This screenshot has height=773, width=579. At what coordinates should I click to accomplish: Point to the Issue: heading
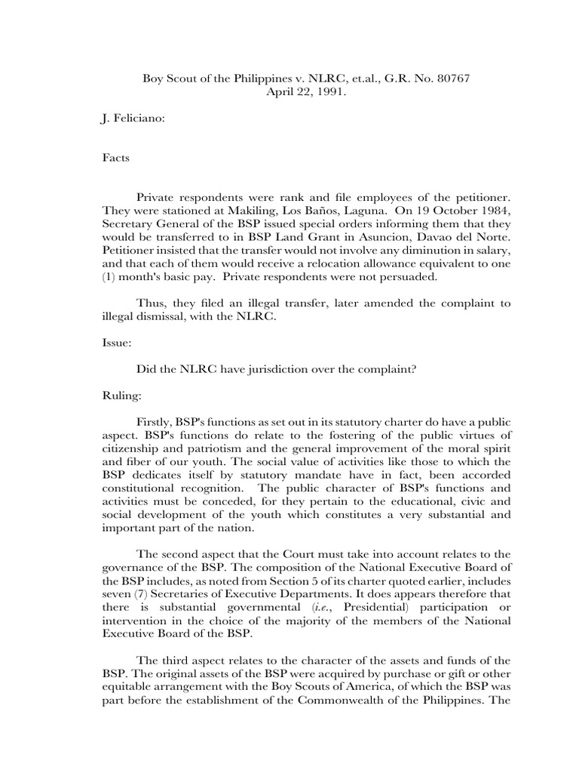118,341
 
